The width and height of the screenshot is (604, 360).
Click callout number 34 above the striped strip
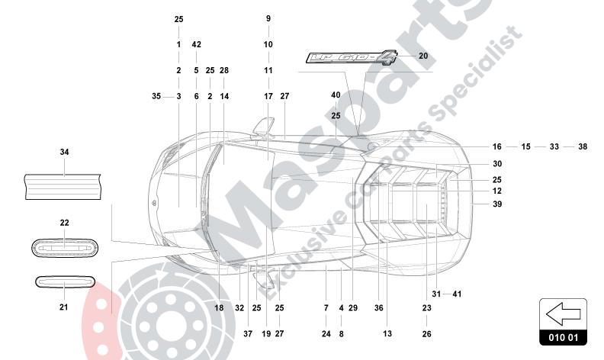tap(64, 152)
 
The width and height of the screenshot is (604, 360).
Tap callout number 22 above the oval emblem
tap(64, 223)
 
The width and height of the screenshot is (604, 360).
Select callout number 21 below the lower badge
tap(63, 307)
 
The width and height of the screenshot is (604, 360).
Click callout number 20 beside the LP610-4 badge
tap(423, 56)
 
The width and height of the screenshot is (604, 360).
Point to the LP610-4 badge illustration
tap(351, 58)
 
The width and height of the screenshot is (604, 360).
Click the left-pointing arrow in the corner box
tap(563, 313)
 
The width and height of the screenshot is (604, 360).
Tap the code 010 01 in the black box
tap(563, 338)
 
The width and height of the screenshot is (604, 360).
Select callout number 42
tap(197, 44)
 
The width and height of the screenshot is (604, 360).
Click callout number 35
tap(156, 96)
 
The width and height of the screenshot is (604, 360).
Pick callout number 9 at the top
tap(268, 18)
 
